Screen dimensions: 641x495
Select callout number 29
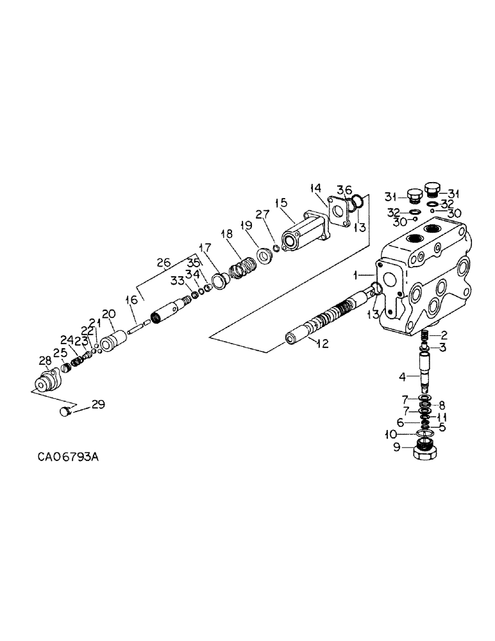(x=97, y=404)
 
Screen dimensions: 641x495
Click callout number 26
(x=164, y=262)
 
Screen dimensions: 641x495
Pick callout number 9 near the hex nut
(x=398, y=447)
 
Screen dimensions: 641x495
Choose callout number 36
(x=345, y=190)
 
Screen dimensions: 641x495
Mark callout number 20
(x=108, y=314)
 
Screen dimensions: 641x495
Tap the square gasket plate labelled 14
(x=339, y=213)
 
